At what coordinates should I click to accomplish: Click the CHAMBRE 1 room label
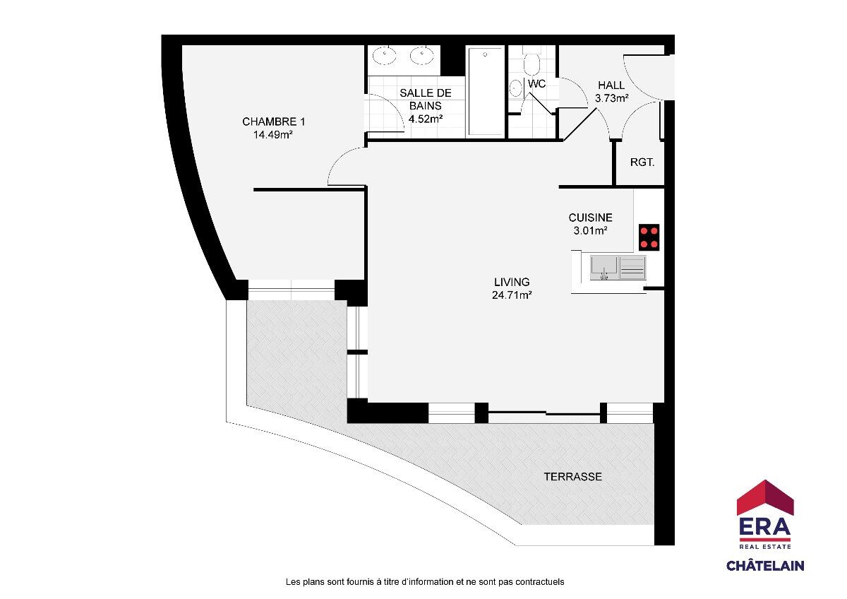273,121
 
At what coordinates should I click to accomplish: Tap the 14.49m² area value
272,134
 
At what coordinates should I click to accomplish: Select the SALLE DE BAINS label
426,99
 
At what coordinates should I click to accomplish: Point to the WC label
536,83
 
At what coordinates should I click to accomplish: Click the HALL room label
611,85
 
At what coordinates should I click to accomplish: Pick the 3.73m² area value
611,98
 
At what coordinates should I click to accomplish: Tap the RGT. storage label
642,162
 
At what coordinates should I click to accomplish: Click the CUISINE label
590,218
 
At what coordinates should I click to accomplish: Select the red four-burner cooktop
649,237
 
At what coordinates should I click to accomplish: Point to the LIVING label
512,282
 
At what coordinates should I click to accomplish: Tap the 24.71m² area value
512,295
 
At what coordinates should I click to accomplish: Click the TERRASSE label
572,476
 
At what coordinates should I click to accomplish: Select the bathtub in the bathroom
486,91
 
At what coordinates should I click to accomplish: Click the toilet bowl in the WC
531,64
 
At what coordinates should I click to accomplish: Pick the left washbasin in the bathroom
384,56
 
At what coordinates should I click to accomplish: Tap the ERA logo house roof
765,497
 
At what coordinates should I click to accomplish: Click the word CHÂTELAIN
765,566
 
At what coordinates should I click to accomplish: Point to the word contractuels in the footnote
539,581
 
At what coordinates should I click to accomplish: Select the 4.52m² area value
426,119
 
